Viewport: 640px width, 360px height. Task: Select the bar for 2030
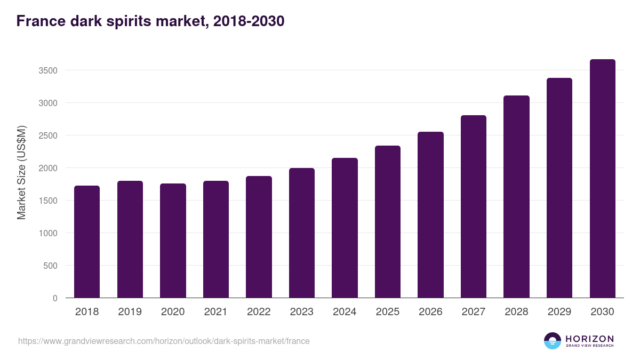coord(602,179)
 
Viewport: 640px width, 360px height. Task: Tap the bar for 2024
coord(345,228)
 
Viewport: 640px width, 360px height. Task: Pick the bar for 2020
coord(173,241)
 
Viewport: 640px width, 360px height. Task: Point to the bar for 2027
coord(474,206)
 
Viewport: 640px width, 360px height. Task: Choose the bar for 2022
coord(259,237)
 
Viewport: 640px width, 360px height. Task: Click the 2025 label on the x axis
coord(387,312)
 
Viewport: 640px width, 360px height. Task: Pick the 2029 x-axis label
coord(559,312)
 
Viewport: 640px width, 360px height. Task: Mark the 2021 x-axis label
coord(215,312)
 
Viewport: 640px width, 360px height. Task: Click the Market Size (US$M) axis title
coord(21,173)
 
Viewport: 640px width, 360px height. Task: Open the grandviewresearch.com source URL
coord(164,341)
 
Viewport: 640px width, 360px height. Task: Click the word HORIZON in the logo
coord(589,339)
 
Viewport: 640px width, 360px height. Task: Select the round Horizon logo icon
coord(553,341)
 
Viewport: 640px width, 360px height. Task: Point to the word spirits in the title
coord(134,21)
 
